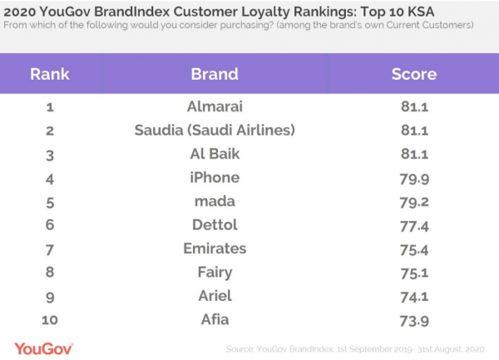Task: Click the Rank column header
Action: [49, 74]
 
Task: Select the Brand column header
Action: [215, 74]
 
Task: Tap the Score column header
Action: [413, 74]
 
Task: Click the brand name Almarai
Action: [215, 107]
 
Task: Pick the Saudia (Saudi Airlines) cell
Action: [215, 131]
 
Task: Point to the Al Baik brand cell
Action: [215, 154]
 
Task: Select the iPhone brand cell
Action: [215, 177]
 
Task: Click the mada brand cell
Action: [215, 200]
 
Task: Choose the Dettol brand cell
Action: [215, 224]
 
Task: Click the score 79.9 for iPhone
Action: [413, 177]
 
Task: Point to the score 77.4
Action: [413, 224]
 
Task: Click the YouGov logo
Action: [43, 348]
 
